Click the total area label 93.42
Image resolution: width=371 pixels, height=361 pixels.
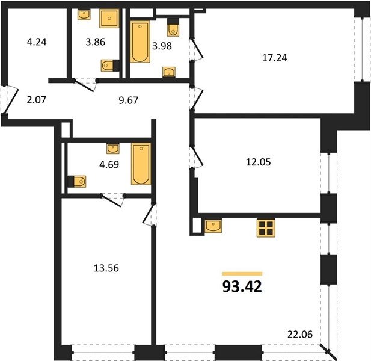pyautogui.click(x=242, y=286)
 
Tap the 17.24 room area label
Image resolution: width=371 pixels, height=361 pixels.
pyautogui.click(x=275, y=58)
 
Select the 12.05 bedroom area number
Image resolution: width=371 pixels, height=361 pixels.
pyautogui.click(x=259, y=162)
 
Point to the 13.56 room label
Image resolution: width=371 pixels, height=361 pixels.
pyautogui.click(x=106, y=268)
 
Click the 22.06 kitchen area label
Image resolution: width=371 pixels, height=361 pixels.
pyautogui.click(x=300, y=335)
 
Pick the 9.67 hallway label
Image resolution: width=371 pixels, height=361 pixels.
pyautogui.click(x=128, y=100)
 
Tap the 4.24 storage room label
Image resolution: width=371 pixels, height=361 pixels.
pyautogui.click(x=37, y=42)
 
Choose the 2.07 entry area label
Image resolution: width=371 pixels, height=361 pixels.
pyautogui.click(x=37, y=100)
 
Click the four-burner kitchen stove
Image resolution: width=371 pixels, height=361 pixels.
pyautogui.click(x=266, y=228)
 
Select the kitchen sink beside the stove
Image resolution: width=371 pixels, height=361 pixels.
pyautogui.click(x=213, y=226)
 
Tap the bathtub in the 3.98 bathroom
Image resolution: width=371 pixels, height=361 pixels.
pyautogui.click(x=140, y=42)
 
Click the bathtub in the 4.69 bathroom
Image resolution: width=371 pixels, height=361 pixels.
pyautogui.click(x=141, y=164)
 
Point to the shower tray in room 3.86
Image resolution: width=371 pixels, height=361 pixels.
pyautogui.click(x=109, y=19)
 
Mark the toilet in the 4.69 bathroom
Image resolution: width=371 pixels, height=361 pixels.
pyautogui.click(x=77, y=182)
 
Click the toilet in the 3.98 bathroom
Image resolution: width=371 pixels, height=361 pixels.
pyautogui.click(x=173, y=28)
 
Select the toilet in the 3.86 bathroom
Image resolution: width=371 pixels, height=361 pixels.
pyautogui.click(x=110, y=66)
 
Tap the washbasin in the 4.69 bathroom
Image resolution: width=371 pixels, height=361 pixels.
pyautogui.click(x=113, y=149)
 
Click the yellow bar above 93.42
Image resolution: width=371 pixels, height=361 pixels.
pyautogui.click(x=242, y=274)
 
